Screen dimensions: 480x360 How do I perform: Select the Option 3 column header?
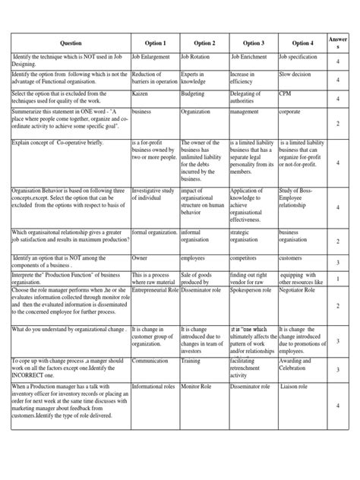[253, 43]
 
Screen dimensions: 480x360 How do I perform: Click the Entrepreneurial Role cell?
[155, 290]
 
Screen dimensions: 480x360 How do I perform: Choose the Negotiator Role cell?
[302, 290]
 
